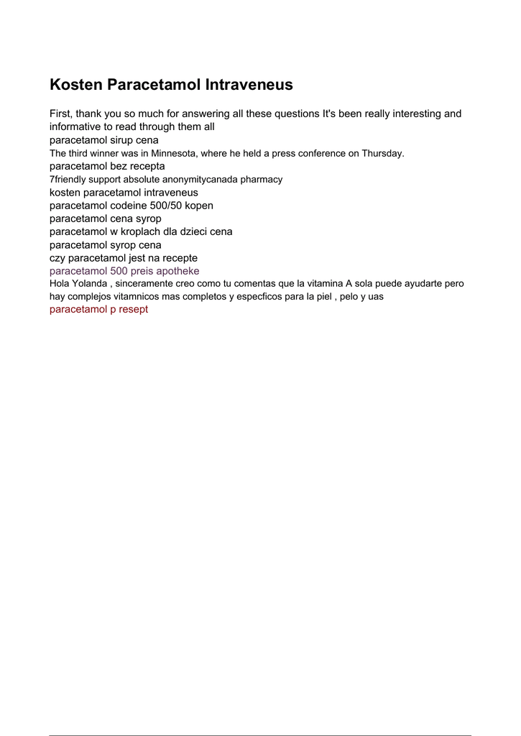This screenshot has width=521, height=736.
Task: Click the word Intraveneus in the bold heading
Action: click(249, 85)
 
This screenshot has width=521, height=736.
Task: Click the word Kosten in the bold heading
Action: click(76, 85)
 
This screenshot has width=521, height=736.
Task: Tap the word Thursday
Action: click(382, 153)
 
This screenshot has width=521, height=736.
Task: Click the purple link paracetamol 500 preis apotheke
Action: click(124, 271)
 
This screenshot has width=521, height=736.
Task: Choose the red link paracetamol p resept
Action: click(98, 310)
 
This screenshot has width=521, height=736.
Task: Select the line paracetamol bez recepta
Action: click(107, 166)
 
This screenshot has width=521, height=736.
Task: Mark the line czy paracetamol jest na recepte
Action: click(124, 257)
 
